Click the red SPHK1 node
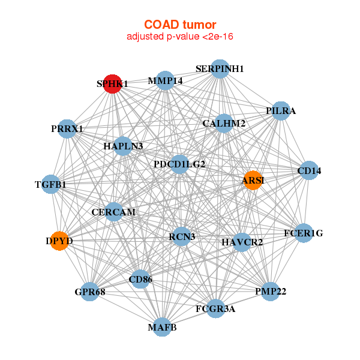(x=112, y=84)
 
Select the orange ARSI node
(x=253, y=180)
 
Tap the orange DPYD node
(x=59, y=241)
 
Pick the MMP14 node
(x=165, y=80)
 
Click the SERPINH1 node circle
(x=220, y=69)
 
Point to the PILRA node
(x=281, y=111)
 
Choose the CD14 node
(x=309, y=170)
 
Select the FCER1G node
(x=304, y=233)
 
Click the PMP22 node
(x=271, y=292)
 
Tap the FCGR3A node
(x=215, y=308)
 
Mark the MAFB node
(x=163, y=327)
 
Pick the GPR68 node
(x=90, y=292)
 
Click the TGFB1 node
(x=51, y=184)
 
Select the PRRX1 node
(x=67, y=129)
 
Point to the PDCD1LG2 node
(x=179, y=164)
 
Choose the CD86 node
(x=140, y=279)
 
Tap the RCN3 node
(x=182, y=236)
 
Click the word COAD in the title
(x=161, y=25)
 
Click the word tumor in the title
(x=200, y=25)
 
